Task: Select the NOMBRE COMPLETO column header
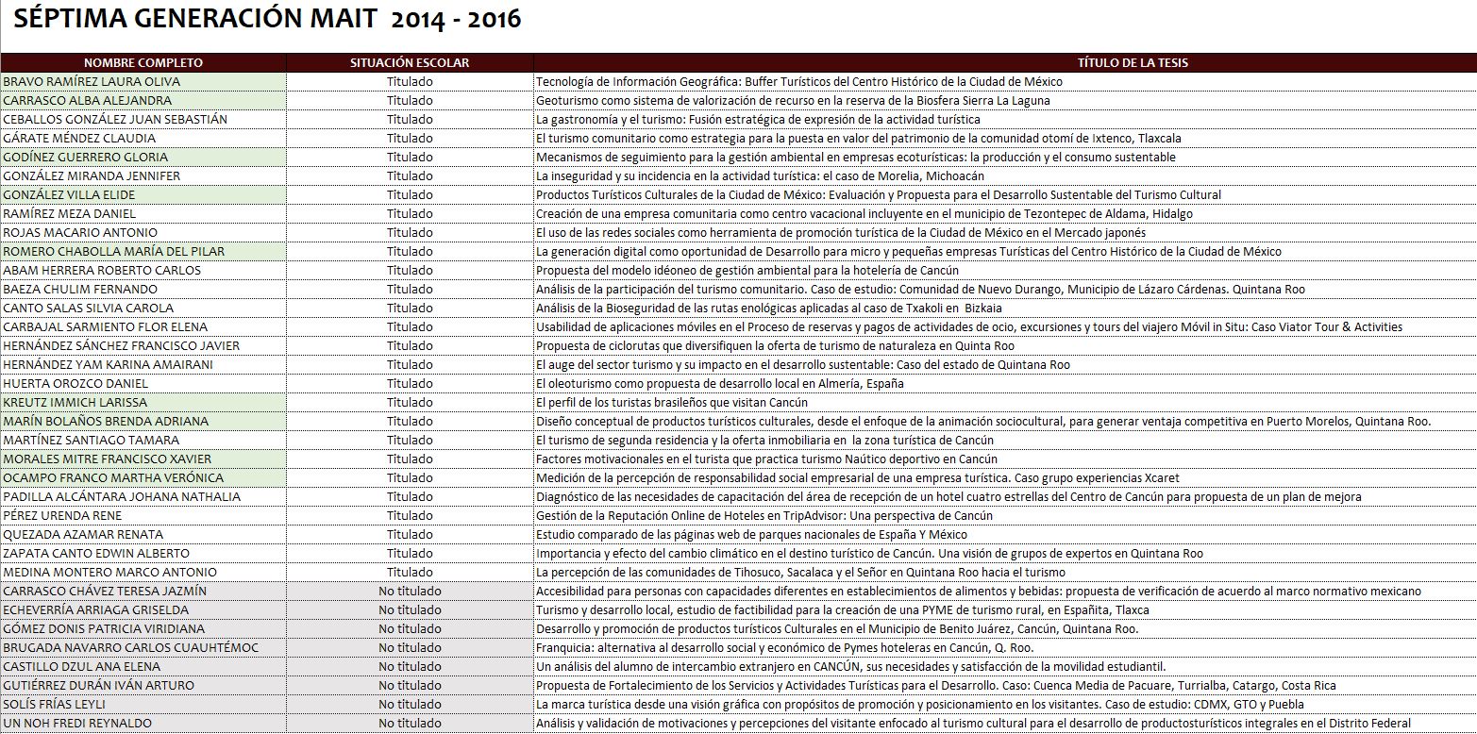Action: click(x=143, y=63)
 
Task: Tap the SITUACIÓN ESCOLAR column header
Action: click(x=409, y=63)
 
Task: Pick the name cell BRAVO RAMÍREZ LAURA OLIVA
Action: click(x=92, y=82)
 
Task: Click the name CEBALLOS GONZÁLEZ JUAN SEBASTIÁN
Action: click(x=115, y=120)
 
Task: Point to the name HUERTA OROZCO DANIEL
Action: click(x=76, y=384)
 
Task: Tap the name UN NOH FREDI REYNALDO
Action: click(x=77, y=724)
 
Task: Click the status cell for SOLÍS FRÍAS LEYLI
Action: click(x=410, y=705)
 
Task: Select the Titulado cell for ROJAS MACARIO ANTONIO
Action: click(x=410, y=233)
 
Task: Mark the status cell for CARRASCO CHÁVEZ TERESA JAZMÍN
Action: click(x=410, y=592)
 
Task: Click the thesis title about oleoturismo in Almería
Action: click(x=719, y=384)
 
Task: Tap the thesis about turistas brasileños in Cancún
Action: click(x=672, y=403)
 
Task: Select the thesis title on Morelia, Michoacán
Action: click(x=760, y=176)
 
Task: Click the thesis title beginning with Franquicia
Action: click(x=784, y=648)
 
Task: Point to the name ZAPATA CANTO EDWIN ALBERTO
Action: click(x=96, y=554)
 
